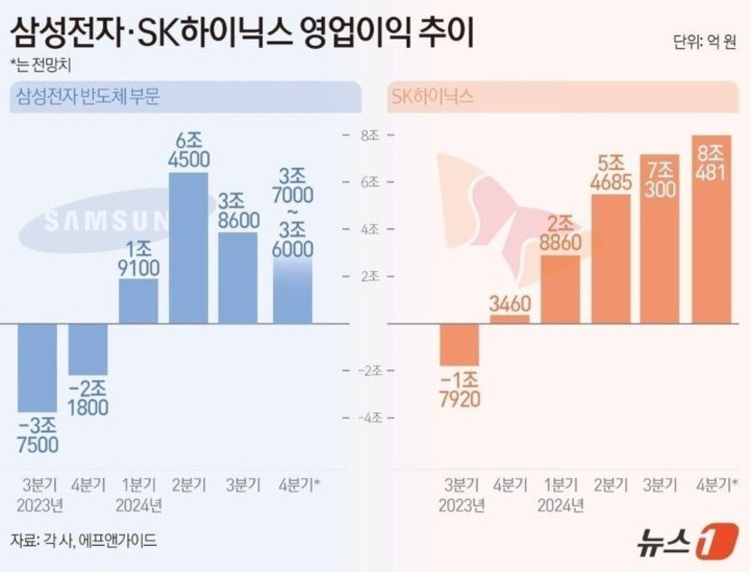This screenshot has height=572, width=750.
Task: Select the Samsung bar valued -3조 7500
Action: point(37,366)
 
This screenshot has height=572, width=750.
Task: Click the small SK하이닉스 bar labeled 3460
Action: point(510,319)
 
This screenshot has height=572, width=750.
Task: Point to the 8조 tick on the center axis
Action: point(370,136)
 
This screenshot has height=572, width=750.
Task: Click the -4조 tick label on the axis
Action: point(370,417)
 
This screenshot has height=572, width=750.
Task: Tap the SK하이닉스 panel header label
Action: point(432,97)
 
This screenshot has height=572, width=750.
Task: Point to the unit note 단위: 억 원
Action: point(704,42)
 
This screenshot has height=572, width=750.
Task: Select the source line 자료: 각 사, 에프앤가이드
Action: point(83,540)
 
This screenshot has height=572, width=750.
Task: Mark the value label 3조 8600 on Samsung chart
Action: point(239,210)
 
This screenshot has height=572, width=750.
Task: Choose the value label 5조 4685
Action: point(610,173)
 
